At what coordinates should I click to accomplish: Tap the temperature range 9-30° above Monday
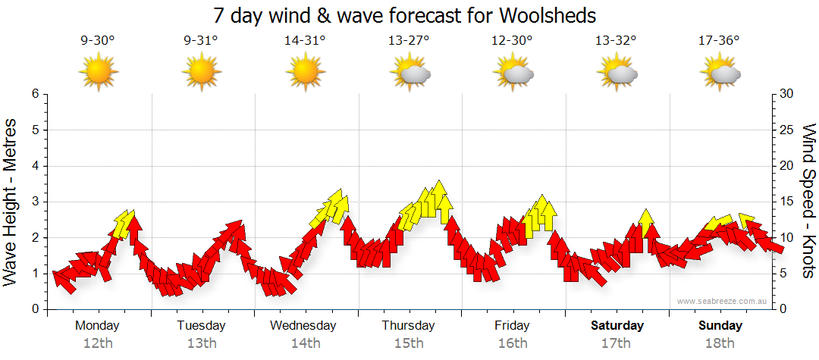tap(97, 41)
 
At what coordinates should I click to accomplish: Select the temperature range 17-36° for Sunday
tap(719, 41)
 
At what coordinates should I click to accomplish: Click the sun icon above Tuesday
tap(202, 73)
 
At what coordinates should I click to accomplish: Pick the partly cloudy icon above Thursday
tap(409, 74)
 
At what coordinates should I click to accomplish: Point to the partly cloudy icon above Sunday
tap(720, 74)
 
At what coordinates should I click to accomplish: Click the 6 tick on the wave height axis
tap(35, 94)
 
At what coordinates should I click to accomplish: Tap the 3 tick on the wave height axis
tap(35, 202)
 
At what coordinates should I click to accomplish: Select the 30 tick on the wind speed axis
tap(787, 94)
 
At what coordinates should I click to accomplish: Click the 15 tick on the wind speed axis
tap(787, 202)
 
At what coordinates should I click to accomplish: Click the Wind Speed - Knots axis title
tap(808, 202)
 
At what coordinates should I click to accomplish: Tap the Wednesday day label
tap(303, 326)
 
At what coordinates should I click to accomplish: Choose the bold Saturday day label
tap(617, 326)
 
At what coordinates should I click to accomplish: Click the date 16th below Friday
tap(513, 343)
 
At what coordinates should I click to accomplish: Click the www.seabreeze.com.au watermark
tap(723, 301)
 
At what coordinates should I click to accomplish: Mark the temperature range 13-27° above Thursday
tap(409, 41)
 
